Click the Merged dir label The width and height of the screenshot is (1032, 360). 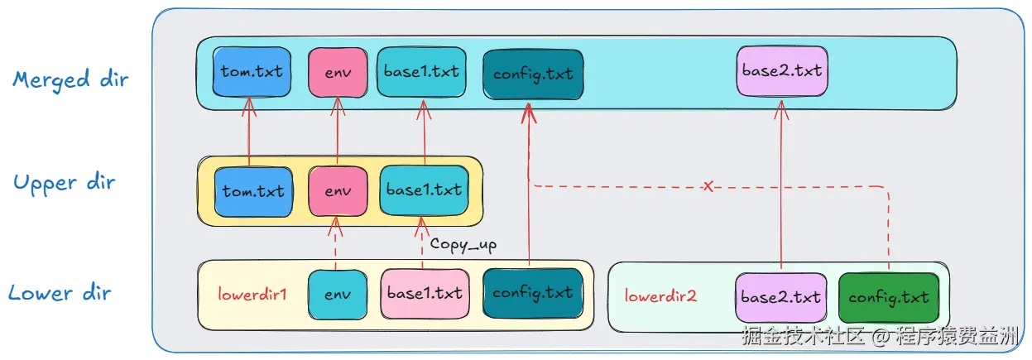[71, 80]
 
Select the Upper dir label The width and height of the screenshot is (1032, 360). [65, 183]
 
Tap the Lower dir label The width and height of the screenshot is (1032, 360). [60, 292]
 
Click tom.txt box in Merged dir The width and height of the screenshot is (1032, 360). [252, 71]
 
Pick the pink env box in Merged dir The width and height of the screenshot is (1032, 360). [338, 72]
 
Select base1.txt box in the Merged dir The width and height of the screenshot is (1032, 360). [421, 71]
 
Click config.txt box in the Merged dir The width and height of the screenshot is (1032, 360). [532, 74]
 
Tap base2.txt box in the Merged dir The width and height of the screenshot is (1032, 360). [781, 71]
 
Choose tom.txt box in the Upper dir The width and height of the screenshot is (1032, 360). [252, 191]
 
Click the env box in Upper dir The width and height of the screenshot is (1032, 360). [338, 191]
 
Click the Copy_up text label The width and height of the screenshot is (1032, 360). [463, 244]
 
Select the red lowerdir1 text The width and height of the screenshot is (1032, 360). [252, 294]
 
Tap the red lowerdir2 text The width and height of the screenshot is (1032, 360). [660, 295]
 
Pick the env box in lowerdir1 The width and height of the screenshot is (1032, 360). [337, 294]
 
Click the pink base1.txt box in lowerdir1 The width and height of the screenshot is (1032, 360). [423, 294]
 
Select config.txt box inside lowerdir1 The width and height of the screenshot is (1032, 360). [532, 293]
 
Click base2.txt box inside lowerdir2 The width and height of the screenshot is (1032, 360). [780, 297]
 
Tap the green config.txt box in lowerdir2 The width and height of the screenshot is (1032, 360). [889, 297]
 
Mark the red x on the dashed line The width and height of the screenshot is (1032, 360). [708, 187]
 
